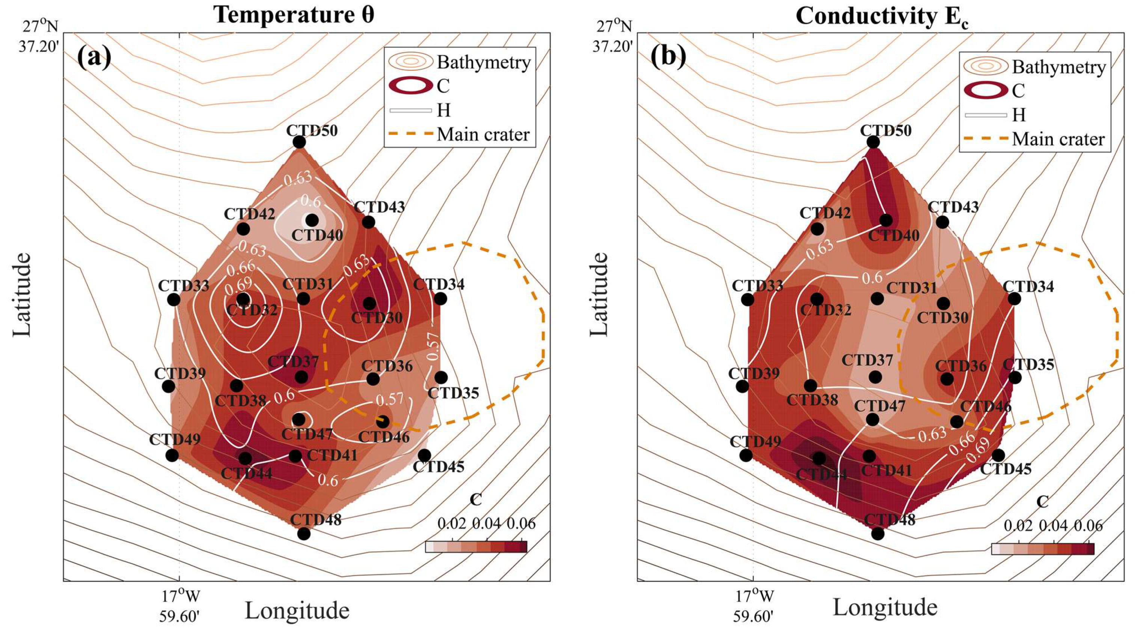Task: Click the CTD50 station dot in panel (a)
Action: pyautogui.click(x=299, y=142)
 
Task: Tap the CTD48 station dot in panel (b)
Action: pyautogui.click(x=878, y=533)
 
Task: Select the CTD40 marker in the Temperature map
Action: pyautogui.click(x=312, y=220)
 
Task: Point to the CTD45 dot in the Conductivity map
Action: pyautogui.click(x=998, y=455)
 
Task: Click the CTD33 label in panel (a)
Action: pyautogui.click(x=183, y=286)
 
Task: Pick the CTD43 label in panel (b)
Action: pyautogui.click(x=953, y=207)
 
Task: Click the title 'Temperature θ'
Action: pyautogui.click(x=294, y=15)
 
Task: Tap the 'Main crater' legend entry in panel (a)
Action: pyautogui.click(x=483, y=135)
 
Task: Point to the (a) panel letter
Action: pyautogui.click(x=94, y=58)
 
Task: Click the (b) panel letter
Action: pyautogui.click(x=668, y=58)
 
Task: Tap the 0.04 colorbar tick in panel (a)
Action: pyautogui.click(x=487, y=524)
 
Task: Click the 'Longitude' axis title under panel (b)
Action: pyautogui.click(x=885, y=608)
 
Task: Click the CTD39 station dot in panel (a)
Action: pyautogui.click(x=168, y=386)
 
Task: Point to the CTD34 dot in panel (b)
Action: pyautogui.click(x=1014, y=299)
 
